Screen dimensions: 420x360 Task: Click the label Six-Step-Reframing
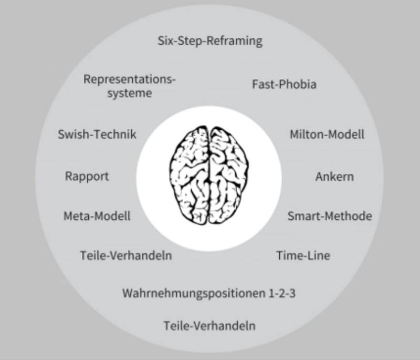point(209,40)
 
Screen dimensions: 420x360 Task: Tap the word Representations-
point(130,80)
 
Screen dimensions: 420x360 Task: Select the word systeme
point(130,94)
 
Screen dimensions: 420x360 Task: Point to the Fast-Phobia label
point(284,84)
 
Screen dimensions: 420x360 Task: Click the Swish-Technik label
point(97,134)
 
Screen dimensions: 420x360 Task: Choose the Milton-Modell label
point(327,134)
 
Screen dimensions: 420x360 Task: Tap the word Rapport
point(87,176)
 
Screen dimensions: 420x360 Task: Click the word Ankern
point(334,176)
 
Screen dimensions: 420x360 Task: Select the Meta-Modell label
point(97,216)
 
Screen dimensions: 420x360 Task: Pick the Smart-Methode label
point(329,216)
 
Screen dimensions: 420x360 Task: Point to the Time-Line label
point(303,256)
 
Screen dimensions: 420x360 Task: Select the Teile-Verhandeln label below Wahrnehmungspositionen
point(209,325)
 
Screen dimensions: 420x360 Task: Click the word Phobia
point(298,84)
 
